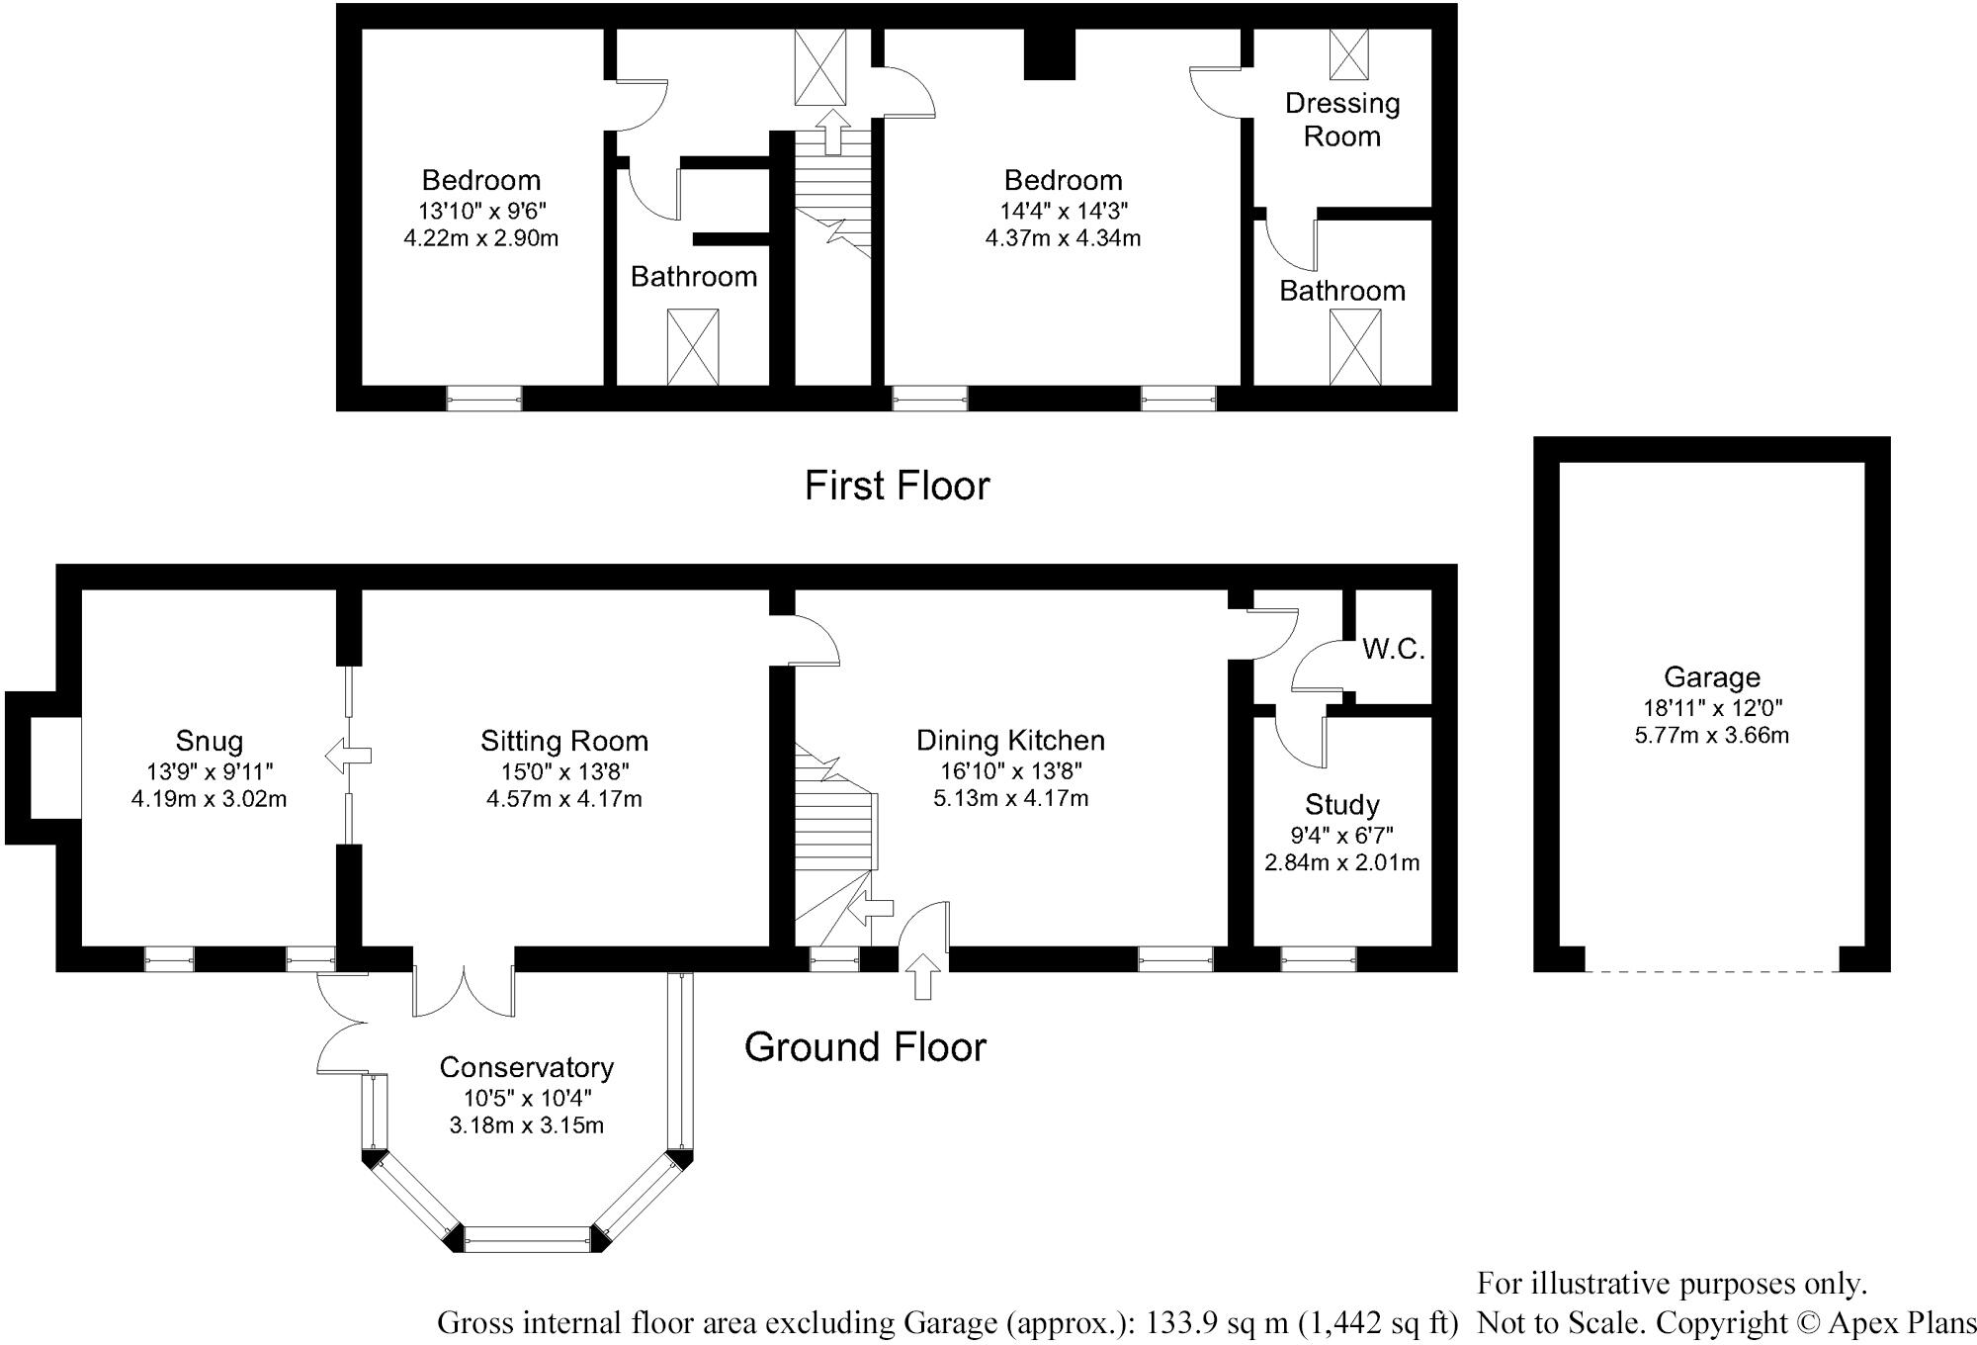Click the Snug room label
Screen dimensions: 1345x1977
pyautogui.click(x=209, y=741)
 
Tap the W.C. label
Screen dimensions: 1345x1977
pyautogui.click(x=1393, y=650)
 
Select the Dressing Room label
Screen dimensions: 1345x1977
pyautogui.click(x=1341, y=120)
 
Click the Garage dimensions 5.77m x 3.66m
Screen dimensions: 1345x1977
pyautogui.click(x=1711, y=736)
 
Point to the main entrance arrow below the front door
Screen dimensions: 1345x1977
pyautogui.click(x=924, y=976)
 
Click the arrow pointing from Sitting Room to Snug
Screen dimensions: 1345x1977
pyautogui.click(x=348, y=757)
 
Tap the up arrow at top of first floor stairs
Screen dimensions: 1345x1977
pyautogui.click(x=833, y=132)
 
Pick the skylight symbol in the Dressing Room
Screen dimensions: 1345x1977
pyautogui.click(x=1348, y=53)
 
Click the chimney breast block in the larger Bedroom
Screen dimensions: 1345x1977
pyautogui.click(x=1049, y=54)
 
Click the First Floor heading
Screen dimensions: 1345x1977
pyautogui.click(x=897, y=486)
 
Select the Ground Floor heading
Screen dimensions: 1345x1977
pyautogui.click(x=865, y=1047)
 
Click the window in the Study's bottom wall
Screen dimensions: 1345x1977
pyautogui.click(x=1318, y=957)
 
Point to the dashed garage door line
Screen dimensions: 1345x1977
pyautogui.click(x=1711, y=971)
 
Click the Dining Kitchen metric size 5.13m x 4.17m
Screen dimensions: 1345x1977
pyautogui.click(x=1010, y=798)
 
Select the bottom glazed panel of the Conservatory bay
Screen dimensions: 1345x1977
pyautogui.click(x=527, y=1239)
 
